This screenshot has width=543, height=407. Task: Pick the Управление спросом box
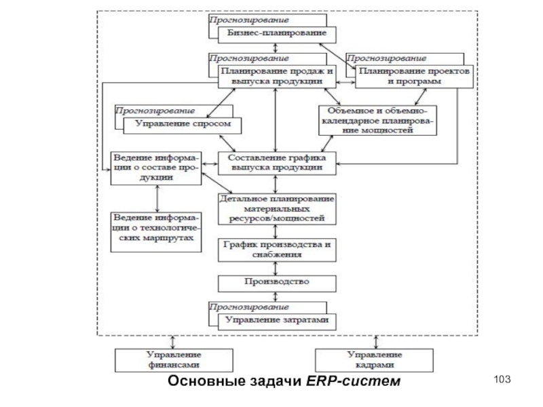tap(182, 124)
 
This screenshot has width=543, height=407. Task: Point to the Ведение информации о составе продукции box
tap(156, 168)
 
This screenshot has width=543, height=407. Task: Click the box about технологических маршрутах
tap(157, 230)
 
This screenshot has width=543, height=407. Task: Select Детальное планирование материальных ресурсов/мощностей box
tap(276, 209)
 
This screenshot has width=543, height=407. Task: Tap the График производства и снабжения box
tap(276, 250)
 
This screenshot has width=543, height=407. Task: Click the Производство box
tap(276, 282)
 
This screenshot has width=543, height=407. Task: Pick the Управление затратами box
tap(276, 320)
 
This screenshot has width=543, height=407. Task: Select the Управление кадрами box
tap(375, 360)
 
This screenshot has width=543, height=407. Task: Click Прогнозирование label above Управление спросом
tap(155, 110)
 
